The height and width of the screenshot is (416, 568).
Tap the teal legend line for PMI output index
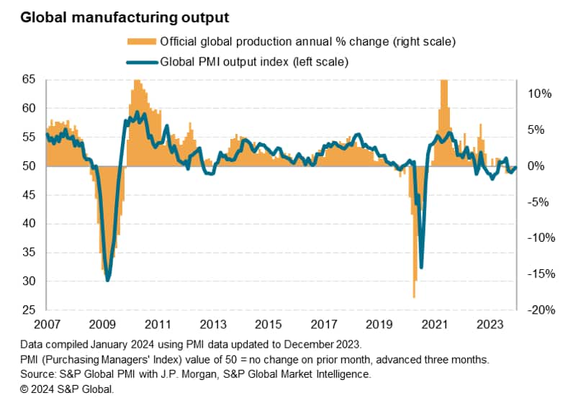pos(141,62)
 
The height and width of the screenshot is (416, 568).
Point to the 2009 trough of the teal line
pos(108,280)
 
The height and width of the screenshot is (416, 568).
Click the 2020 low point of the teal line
pos(421,267)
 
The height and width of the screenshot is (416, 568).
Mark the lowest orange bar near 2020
pos(414,297)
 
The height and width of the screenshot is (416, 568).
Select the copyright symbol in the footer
pos(26,389)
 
